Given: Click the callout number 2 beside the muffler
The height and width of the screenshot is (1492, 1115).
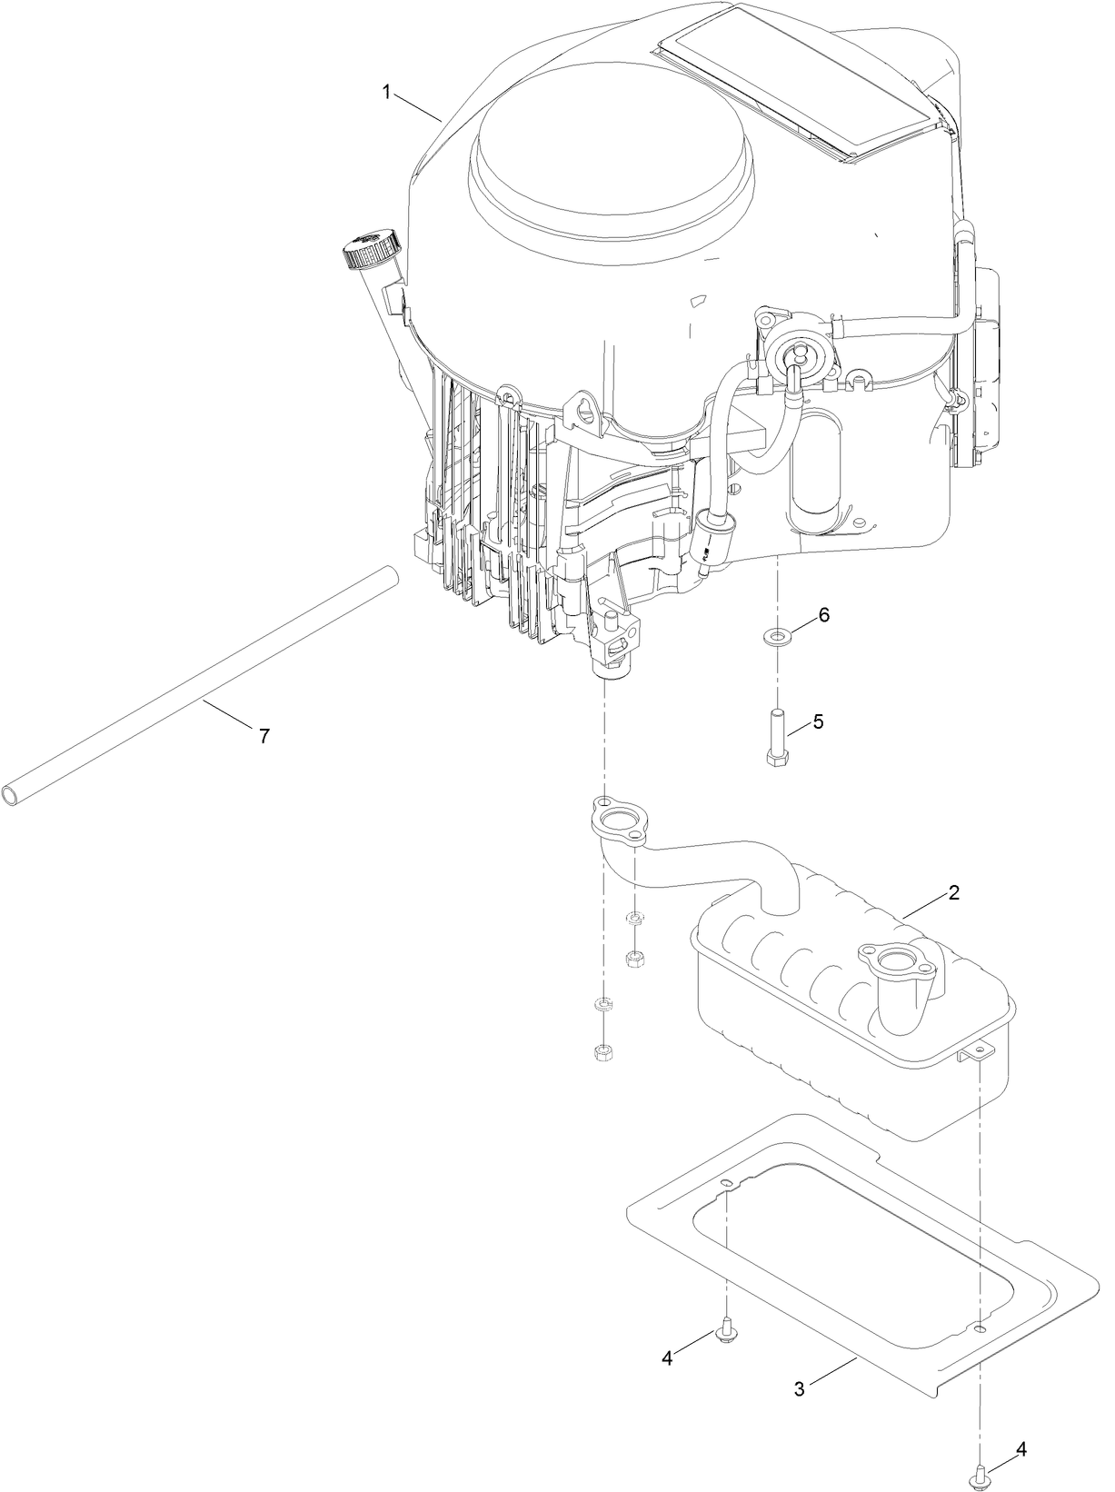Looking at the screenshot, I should coord(953,892).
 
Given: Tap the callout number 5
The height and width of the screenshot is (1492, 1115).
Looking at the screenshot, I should coord(818,721).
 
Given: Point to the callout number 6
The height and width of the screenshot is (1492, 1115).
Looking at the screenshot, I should coord(823,615).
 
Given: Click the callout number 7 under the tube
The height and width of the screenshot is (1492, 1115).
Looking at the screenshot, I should coord(264,737).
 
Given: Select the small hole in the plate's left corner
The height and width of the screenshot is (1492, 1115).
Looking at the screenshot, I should coord(726,1183).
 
